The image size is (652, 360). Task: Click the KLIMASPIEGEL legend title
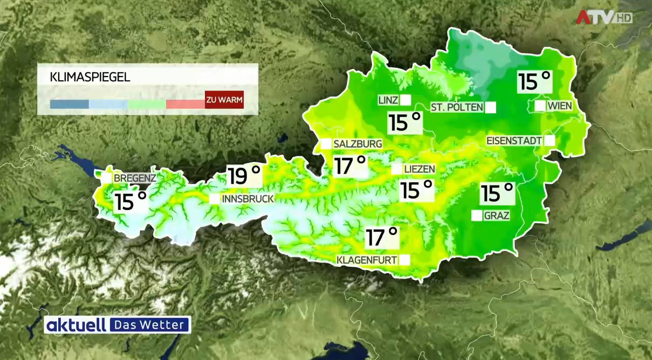point(90,77)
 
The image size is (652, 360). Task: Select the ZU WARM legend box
point(224,100)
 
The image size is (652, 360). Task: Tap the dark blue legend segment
point(69,104)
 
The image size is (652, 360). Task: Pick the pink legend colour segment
point(185,104)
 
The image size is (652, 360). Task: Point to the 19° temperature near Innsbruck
point(244,176)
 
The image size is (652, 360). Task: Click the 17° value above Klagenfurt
point(382,237)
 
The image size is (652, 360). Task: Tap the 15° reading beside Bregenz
point(131,202)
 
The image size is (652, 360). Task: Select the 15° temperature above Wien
point(534,81)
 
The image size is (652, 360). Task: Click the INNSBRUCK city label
point(248,199)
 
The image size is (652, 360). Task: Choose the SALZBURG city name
point(358,144)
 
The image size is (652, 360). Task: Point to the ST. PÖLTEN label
point(457,107)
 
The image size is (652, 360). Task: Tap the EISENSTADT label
point(514,141)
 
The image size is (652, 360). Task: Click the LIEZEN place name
point(419,169)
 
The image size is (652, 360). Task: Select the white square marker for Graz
point(477,216)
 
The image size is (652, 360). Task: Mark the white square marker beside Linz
point(406,100)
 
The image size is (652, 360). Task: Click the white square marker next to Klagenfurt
point(404,260)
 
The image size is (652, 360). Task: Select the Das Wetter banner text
point(150,325)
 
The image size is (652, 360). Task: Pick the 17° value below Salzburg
point(349,165)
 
